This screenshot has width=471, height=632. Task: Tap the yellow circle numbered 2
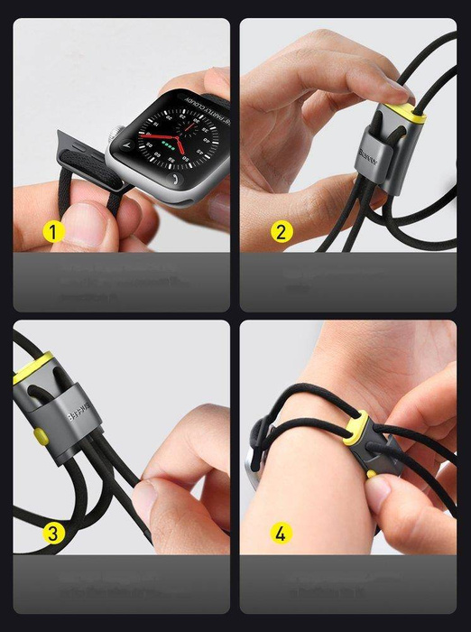coord(282,232)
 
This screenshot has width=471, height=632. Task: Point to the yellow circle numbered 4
coord(282,534)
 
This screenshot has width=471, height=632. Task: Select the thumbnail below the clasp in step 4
coord(379,493)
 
